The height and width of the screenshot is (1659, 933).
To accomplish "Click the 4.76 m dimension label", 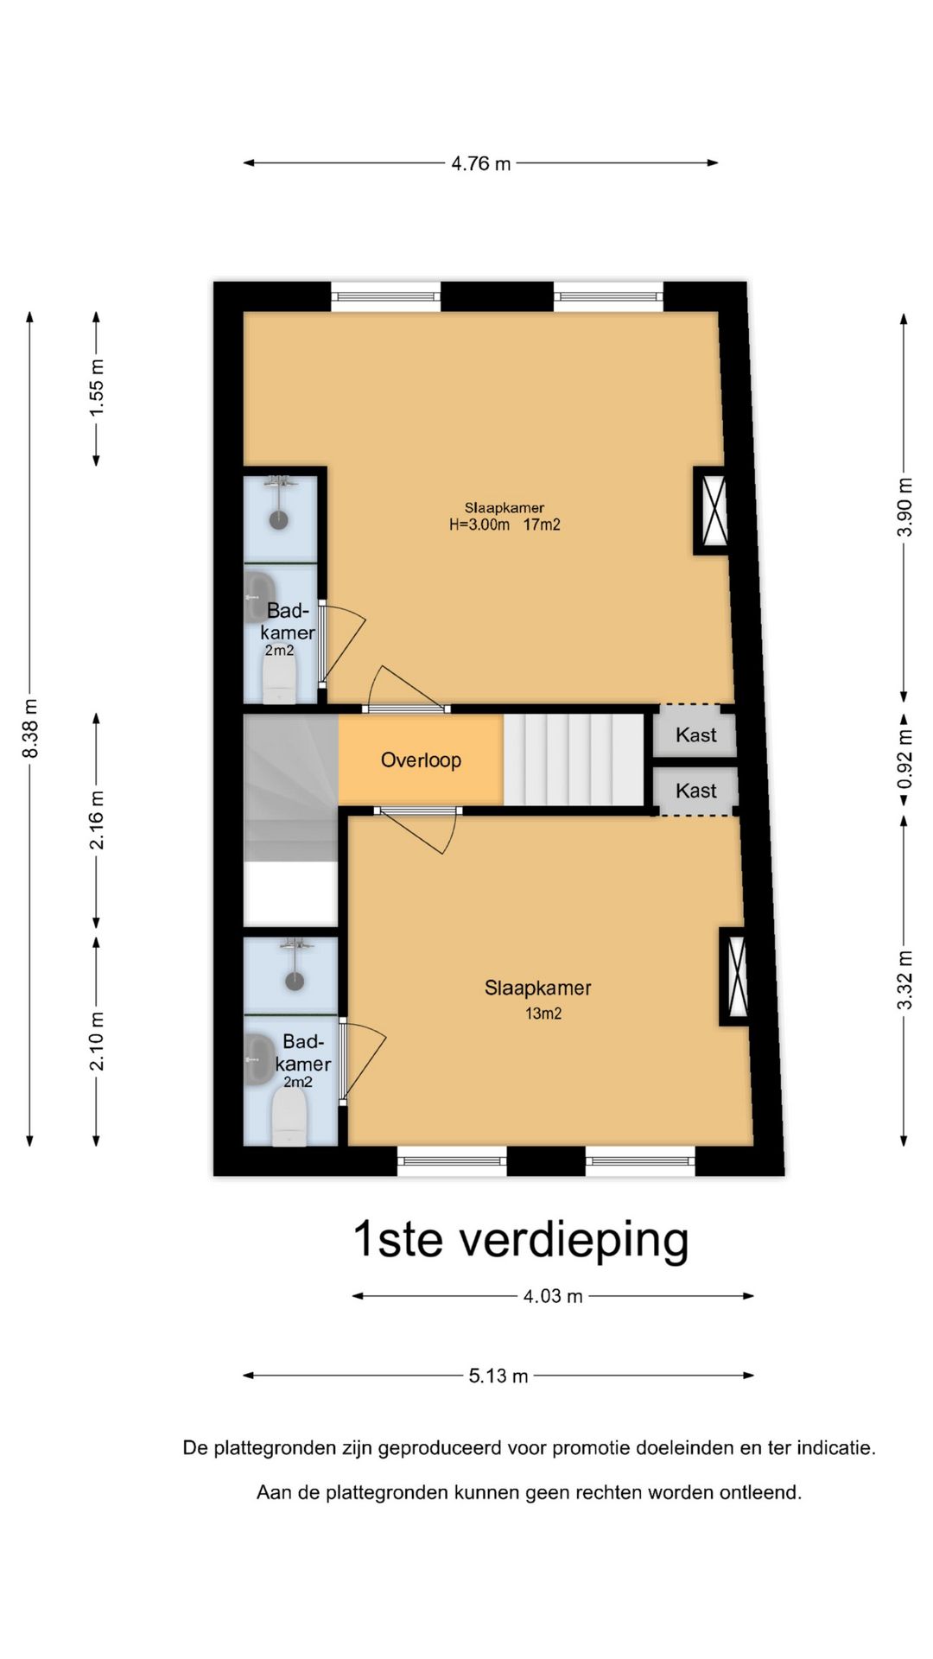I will coord(480,163).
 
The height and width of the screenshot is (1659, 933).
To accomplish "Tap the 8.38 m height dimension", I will coord(30,728).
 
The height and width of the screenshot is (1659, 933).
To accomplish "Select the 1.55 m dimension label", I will coord(97,388).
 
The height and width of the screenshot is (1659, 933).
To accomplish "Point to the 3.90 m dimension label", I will coord(904,506).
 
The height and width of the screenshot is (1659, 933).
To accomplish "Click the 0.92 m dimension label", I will coord(904,759).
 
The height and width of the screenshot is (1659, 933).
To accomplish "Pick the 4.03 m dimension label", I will coord(553,1296).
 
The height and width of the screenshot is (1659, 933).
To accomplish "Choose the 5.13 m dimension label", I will coord(498,1376).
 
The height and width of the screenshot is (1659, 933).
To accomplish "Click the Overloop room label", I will coord(421,760).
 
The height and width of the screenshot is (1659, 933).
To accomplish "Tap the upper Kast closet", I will coord(696,734).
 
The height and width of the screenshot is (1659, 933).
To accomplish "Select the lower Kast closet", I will coord(696,791).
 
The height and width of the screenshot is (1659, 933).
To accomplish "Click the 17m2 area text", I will coord(542,524).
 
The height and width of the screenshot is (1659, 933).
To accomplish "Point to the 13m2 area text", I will coord(543,1014).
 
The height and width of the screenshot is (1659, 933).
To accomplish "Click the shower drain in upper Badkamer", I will coord(279,520).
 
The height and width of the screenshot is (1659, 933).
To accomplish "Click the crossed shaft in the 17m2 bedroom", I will coord(713,511).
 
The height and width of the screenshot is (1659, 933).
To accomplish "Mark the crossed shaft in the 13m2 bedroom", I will coord(736,976).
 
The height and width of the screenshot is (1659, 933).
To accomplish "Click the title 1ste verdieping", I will coord(521,1240).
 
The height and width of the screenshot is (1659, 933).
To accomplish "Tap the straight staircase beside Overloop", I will coord(574,759).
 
